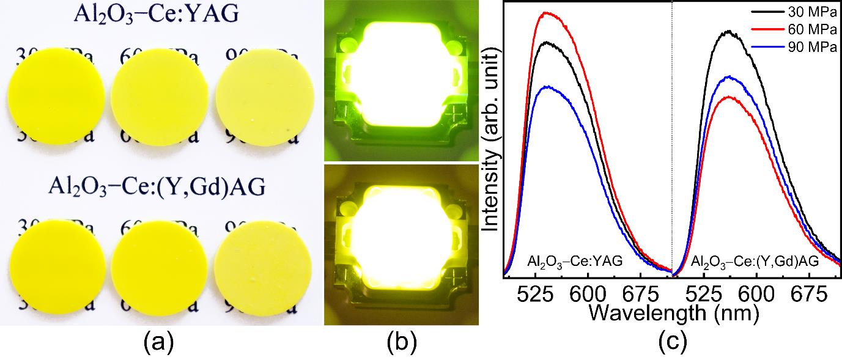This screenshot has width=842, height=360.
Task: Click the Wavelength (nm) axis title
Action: click(x=674, y=314)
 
